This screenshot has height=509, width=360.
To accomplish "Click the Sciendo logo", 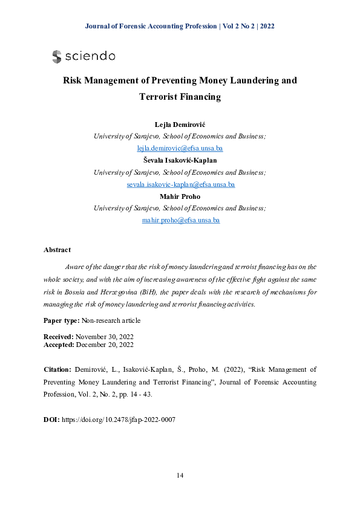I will pyautogui.click(x=83, y=56).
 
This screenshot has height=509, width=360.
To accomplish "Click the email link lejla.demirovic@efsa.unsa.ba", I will pyautogui.click(x=180, y=148).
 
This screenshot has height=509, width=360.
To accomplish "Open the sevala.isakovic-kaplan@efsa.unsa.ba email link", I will pyautogui.click(x=180, y=184).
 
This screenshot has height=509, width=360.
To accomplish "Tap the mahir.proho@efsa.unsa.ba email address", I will pyautogui.click(x=180, y=220).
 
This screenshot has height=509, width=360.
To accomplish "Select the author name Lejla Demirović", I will pyautogui.click(x=180, y=125).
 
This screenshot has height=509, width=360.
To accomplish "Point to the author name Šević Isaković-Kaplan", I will pyautogui.click(x=180, y=161).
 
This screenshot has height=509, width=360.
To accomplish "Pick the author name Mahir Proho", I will pyautogui.click(x=180, y=197).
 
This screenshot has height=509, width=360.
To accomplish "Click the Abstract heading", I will pyautogui.click(x=57, y=250).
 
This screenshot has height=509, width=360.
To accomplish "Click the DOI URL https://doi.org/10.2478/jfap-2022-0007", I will pyautogui.click(x=119, y=419).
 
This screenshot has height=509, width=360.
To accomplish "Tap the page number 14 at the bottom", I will pyautogui.click(x=180, y=475).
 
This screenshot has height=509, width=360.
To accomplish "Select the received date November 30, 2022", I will pyautogui.click(x=105, y=336).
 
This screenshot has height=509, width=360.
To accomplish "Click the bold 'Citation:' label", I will pyautogui.click(x=58, y=368).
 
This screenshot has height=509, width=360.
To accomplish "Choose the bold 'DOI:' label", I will pyautogui.click(x=51, y=419).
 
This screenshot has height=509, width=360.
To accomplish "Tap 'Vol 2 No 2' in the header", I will pyautogui.click(x=238, y=26).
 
